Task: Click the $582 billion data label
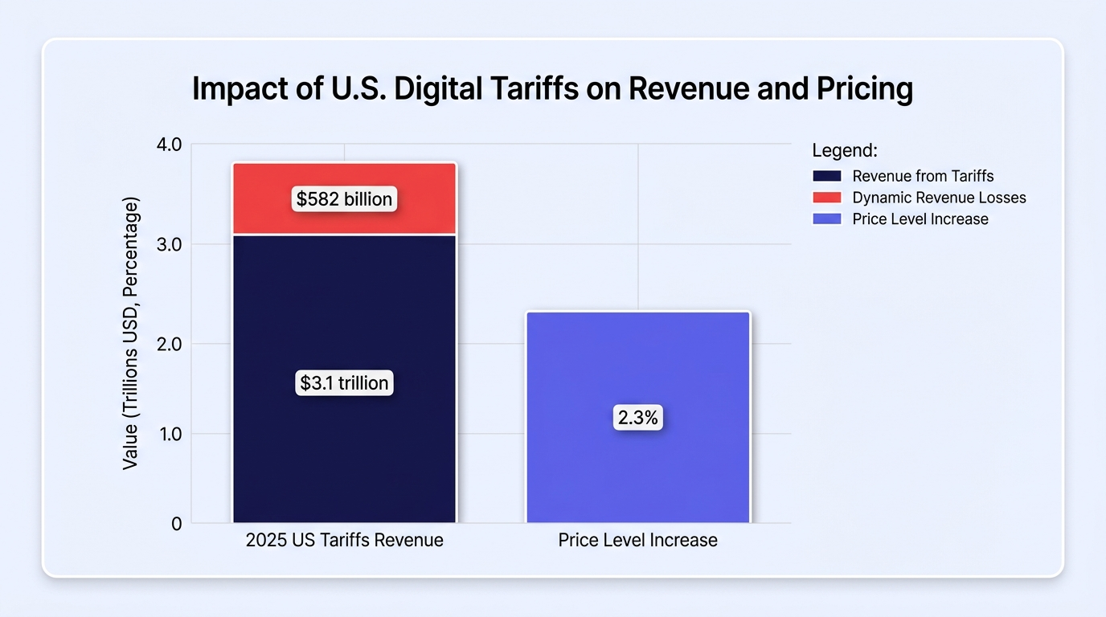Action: coord(344,199)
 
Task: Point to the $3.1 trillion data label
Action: coord(344,383)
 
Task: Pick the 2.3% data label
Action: coord(638,418)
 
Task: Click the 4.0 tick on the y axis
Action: coord(169,145)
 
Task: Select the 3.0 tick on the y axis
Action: coord(169,245)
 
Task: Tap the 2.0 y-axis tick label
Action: coord(169,344)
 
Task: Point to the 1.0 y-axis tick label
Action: coord(169,435)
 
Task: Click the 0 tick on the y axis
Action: coord(176,524)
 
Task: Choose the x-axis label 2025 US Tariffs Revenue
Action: coord(344,540)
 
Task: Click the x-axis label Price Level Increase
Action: coord(638,540)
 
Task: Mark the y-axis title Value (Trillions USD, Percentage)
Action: coord(130,333)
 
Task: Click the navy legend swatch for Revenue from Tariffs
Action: coord(827,176)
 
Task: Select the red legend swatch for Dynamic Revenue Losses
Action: coord(827,198)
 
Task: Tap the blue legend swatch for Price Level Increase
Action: coord(827,219)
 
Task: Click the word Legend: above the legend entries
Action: coord(845,150)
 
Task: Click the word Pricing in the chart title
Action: coord(865,89)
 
